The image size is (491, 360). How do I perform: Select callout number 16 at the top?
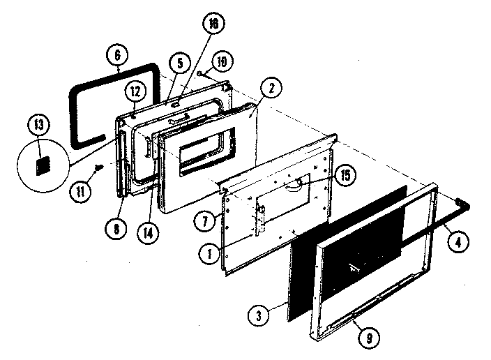(x=211, y=22)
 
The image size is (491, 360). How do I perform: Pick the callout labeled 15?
(x=342, y=174)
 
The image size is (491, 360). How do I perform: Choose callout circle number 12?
(x=135, y=90)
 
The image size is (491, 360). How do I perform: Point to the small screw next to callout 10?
(x=199, y=72)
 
